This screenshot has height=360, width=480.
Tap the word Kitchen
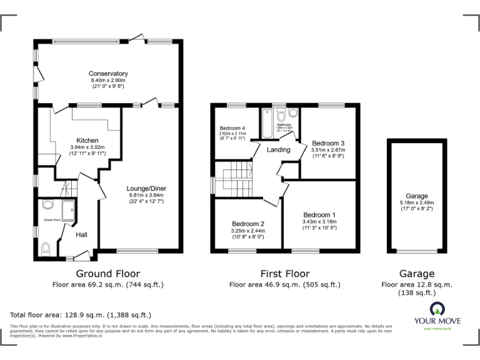coord(87,140)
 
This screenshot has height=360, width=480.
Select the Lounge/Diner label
coord(146,188)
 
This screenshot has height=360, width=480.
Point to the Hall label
coord(81,235)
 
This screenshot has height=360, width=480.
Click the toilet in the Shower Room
coord(44,249)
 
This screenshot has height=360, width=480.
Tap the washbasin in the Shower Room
coord(47,204)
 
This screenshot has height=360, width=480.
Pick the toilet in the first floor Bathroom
coord(282,115)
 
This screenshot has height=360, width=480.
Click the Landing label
coord(278,150)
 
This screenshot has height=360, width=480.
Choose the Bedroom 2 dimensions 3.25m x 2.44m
coord(249,231)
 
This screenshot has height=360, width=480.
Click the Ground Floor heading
coord(107,274)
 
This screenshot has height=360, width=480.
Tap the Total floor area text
coord(81,315)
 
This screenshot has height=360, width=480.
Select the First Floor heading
coord(284,274)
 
